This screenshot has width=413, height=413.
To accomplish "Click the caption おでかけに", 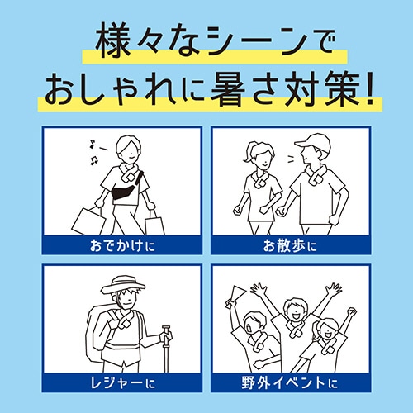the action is click(x=122, y=245).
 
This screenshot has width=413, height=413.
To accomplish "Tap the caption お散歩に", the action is click(x=290, y=245).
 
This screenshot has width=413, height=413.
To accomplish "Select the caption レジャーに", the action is click(x=123, y=383).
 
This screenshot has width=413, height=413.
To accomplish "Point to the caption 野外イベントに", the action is click(x=290, y=383).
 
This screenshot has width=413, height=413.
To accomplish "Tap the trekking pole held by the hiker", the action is click(x=166, y=349).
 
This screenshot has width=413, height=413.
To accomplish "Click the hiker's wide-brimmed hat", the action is click(x=122, y=285).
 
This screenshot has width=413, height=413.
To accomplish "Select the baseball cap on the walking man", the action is click(x=313, y=142).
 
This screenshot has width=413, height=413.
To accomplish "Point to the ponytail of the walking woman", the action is click(x=248, y=153).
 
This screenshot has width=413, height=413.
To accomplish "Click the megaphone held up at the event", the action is click(x=235, y=296).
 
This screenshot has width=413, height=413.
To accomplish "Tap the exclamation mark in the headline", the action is click(x=368, y=89).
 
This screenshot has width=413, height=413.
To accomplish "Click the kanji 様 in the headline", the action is click(x=113, y=40).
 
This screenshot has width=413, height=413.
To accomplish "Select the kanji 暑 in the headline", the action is click(x=228, y=89).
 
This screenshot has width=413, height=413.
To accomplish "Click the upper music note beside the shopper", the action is click(x=92, y=144).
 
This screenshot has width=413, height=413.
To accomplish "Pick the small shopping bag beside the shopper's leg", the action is click(x=154, y=224).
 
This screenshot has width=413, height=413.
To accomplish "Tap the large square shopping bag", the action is click(x=88, y=221).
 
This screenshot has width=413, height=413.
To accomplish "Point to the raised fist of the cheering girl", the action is click(x=352, y=312).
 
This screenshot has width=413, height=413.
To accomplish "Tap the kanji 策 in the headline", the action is click(x=342, y=89).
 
